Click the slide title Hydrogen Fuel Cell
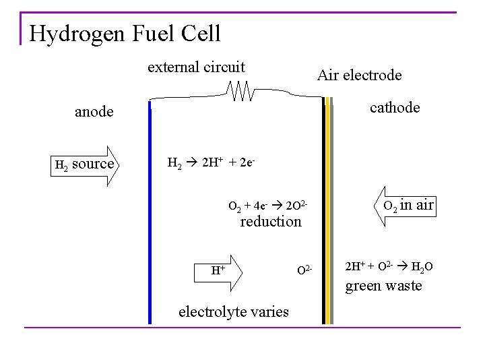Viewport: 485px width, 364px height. click(x=125, y=32)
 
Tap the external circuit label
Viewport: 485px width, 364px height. click(x=196, y=67)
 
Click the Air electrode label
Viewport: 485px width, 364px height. click(x=359, y=75)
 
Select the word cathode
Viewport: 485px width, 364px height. click(x=395, y=108)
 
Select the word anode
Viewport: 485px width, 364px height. click(x=94, y=112)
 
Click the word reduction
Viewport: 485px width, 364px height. click(x=271, y=221)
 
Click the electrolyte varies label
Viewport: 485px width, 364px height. click(x=233, y=311)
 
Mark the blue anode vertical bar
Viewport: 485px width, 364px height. click(x=150, y=216)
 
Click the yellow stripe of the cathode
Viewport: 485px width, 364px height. click(x=328, y=216)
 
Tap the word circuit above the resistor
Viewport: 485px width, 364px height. click(x=222, y=67)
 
